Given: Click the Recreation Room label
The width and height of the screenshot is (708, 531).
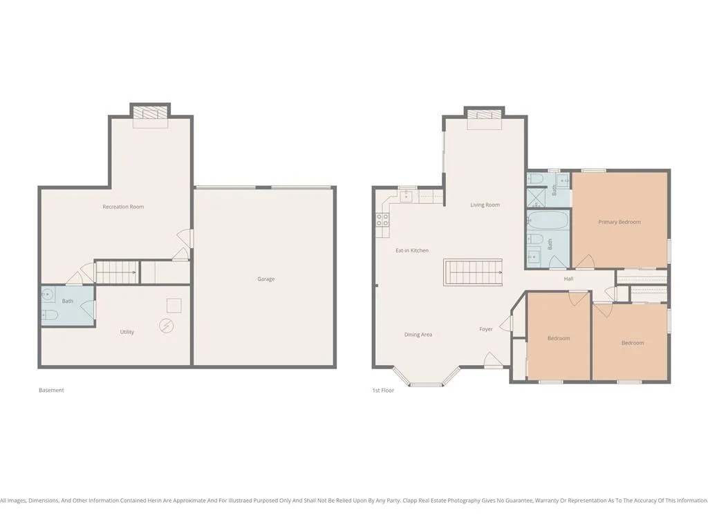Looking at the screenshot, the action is click(x=123, y=207).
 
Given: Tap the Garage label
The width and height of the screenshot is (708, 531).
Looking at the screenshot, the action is click(x=266, y=279).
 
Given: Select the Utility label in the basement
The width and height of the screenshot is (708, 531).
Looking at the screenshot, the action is click(x=127, y=332).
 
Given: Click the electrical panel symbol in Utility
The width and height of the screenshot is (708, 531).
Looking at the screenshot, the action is click(x=167, y=326).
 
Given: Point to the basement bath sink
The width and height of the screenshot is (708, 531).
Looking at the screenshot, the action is click(x=47, y=295).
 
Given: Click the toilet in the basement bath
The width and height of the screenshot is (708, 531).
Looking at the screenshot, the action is click(x=49, y=315).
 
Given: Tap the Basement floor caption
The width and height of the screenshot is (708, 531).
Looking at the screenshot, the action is click(x=51, y=390).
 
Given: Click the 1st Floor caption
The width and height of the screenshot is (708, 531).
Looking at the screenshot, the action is click(x=383, y=391).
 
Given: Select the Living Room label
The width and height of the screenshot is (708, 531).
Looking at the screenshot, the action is click(x=485, y=205).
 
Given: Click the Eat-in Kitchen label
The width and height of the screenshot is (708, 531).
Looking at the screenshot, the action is click(x=412, y=250).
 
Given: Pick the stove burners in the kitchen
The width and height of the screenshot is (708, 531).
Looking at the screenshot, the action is click(x=383, y=220).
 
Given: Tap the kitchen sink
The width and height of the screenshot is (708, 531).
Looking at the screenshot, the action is click(x=407, y=196).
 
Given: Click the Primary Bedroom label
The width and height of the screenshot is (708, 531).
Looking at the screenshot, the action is click(x=619, y=222).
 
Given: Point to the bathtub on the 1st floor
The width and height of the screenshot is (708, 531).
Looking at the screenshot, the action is click(x=548, y=221).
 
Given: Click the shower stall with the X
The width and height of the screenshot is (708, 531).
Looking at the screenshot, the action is click(x=536, y=197).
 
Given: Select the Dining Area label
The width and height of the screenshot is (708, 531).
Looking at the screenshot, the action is click(x=418, y=335).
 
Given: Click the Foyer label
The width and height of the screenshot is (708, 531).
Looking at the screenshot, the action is click(x=486, y=329).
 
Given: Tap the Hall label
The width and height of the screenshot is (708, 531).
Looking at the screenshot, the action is click(x=568, y=279).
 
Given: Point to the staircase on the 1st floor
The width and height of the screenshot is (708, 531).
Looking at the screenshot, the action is click(x=473, y=272).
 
